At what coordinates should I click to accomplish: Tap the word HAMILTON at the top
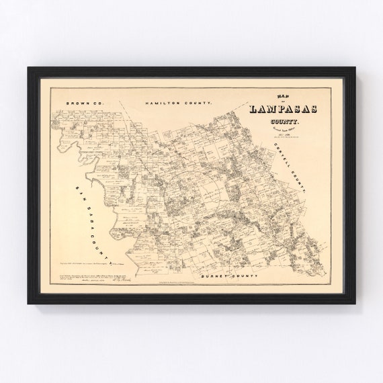click(163, 103)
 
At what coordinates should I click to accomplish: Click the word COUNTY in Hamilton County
click(198, 103)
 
